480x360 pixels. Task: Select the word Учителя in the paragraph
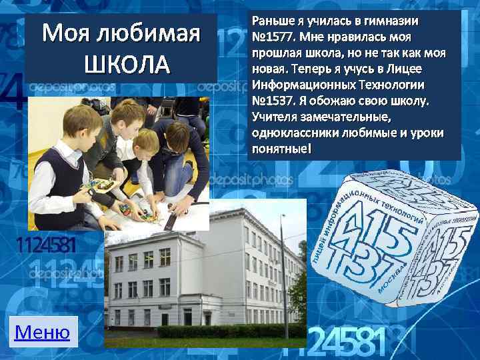point(274,117)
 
